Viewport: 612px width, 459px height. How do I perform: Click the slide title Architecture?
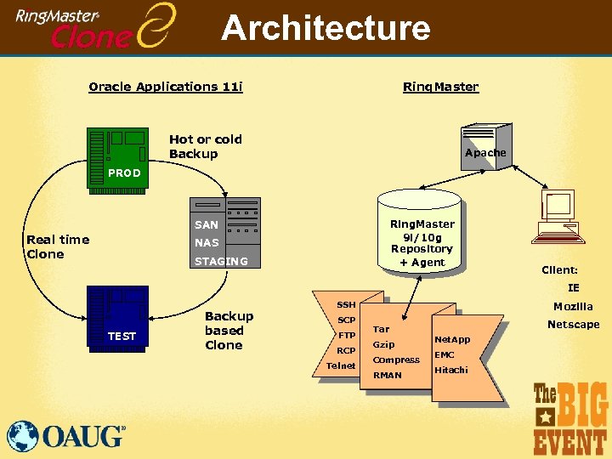pos(326,28)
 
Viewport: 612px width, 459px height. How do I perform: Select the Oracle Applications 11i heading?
pos(166,87)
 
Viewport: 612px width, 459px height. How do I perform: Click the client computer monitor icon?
pos(561,212)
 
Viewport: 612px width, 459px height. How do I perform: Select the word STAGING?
pos(221,262)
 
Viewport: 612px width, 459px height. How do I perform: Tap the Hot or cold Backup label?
pos(206,146)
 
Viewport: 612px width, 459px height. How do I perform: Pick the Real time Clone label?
pos(58,246)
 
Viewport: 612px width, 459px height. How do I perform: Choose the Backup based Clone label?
pos(229,331)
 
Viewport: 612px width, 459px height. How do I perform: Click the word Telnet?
pos(341,366)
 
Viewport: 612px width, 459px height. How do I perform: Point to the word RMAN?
pos(387,375)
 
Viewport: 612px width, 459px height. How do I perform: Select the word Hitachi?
pos(450,370)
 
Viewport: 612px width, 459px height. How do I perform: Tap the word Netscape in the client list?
pos(573,325)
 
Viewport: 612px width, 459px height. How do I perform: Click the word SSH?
pos(346,304)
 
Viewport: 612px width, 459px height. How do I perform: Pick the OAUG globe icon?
pos(23,435)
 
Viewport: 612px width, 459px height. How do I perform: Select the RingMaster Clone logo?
pos(98,25)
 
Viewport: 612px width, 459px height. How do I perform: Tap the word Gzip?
pos(383,344)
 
